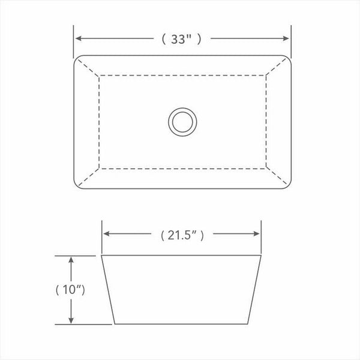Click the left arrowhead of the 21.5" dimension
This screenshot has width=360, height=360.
tap(106, 235)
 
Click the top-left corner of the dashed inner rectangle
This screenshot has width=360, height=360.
tap(98, 76)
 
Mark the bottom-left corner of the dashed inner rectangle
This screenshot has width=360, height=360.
tap(98, 169)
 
